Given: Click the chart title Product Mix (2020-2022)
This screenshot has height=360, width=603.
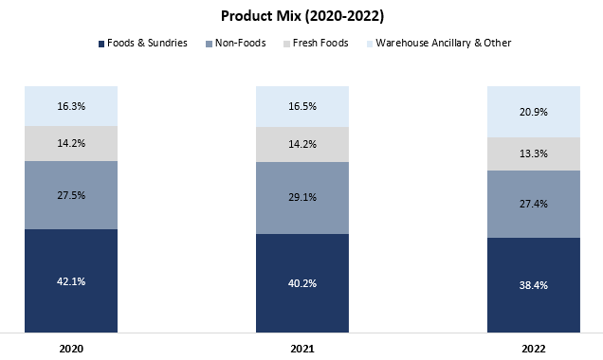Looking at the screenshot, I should pyautogui.click(x=301, y=16).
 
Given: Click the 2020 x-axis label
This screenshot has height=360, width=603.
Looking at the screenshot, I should pyautogui.click(x=71, y=349).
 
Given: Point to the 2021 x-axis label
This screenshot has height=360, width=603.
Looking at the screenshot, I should pyautogui.click(x=301, y=349).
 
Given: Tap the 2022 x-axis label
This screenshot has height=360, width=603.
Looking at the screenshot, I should pyautogui.click(x=533, y=349).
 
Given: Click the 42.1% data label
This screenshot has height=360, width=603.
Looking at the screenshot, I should pyautogui.click(x=71, y=281).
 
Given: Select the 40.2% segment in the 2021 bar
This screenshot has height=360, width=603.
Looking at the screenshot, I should pyautogui.click(x=301, y=283).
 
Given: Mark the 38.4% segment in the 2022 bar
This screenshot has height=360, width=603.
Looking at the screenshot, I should pyautogui.click(x=533, y=285).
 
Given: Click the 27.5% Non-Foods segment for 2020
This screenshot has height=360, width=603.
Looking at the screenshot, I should pyautogui.click(x=71, y=195).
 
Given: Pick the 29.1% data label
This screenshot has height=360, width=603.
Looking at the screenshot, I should pyautogui.click(x=301, y=198).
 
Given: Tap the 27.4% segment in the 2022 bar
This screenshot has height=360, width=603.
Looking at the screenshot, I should pyautogui.click(x=533, y=204).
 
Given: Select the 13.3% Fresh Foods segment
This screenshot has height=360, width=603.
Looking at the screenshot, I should pyautogui.click(x=533, y=154).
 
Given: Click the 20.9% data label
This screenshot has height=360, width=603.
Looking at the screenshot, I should pyautogui.click(x=533, y=112).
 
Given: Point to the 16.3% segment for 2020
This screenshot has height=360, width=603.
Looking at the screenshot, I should pyautogui.click(x=71, y=106).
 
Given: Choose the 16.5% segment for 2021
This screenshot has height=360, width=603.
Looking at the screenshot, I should pyautogui.click(x=301, y=106).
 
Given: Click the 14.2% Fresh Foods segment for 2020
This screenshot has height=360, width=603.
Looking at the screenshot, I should pyautogui.click(x=71, y=144).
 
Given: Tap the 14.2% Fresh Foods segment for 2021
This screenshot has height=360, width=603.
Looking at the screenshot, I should pyautogui.click(x=301, y=145).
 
